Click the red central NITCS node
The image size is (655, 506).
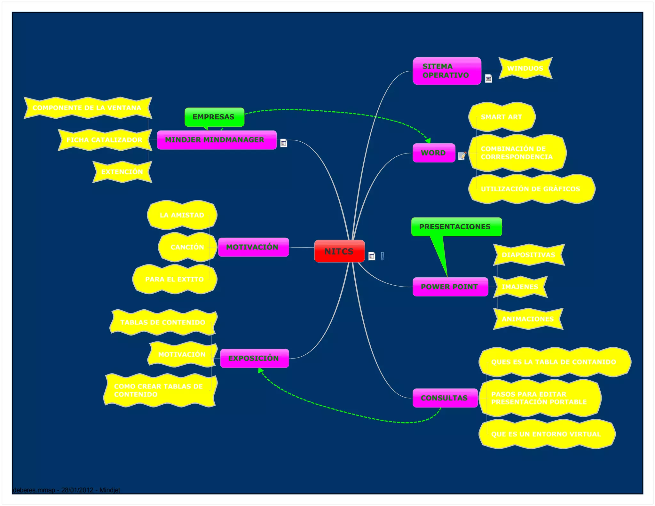(x=339, y=251)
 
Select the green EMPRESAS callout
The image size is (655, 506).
(x=214, y=117)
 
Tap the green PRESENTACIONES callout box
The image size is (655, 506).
(x=456, y=227)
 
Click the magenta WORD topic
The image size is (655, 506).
(x=434, y=153)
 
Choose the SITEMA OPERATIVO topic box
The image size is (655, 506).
(x=446, y=71)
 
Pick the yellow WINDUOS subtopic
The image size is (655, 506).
(x=525, y=68)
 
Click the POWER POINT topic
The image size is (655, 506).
(x=450, y=287)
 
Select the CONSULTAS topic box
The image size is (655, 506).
(x=445, y=398)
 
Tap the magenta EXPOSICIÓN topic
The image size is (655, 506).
(x=254, y=358)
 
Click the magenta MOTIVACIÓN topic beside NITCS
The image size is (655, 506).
(x=253, y=247)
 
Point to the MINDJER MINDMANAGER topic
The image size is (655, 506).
(x=217, y=140)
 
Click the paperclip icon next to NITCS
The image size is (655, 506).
(x=383, y=256)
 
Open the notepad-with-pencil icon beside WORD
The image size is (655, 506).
(x=462, y=156)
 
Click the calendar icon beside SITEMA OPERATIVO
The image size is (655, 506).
(x=488, y=79)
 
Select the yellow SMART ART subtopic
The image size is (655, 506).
(x=501, y=117)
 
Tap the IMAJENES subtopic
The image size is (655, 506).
(x=520, y=287)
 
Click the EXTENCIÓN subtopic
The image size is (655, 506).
(x=122, y=172)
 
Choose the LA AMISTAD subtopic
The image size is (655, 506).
(x=182, y=215)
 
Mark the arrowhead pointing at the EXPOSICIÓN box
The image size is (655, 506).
(x=260, y=370)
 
